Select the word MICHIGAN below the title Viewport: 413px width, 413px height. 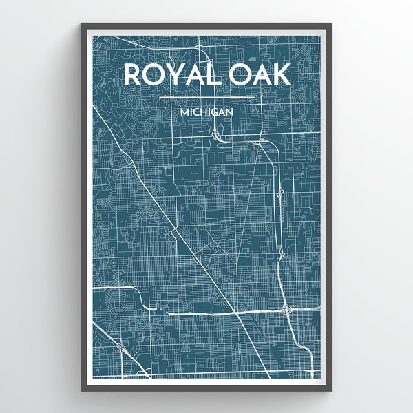(x=206, y=110)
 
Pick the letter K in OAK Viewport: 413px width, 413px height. (x=280, y=75)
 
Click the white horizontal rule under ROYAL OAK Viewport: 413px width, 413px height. (x=206, y=98)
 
